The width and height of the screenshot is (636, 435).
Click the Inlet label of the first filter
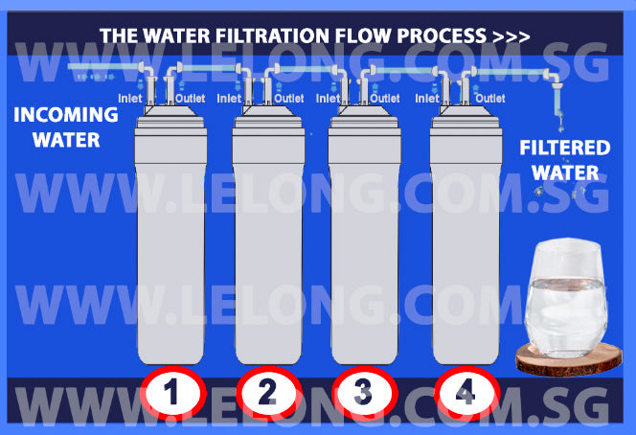(x=130, y=98)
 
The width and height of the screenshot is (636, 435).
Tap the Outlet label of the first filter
(x=192, y=98)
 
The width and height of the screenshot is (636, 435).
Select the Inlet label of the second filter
(x=230, y=98)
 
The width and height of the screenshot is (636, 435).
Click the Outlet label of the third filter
(x=385, y=98)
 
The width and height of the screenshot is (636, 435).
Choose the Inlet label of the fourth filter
(x=427, y=98)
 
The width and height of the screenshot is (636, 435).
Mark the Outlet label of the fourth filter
(x=490, y=98)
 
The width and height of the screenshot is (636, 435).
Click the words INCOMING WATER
(x=66, y=127)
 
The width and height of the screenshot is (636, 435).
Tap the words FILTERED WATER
(x=564, y=160)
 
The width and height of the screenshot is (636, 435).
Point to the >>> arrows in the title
(x=511, y=36)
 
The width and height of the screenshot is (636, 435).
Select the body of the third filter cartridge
(x=365, y=249)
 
